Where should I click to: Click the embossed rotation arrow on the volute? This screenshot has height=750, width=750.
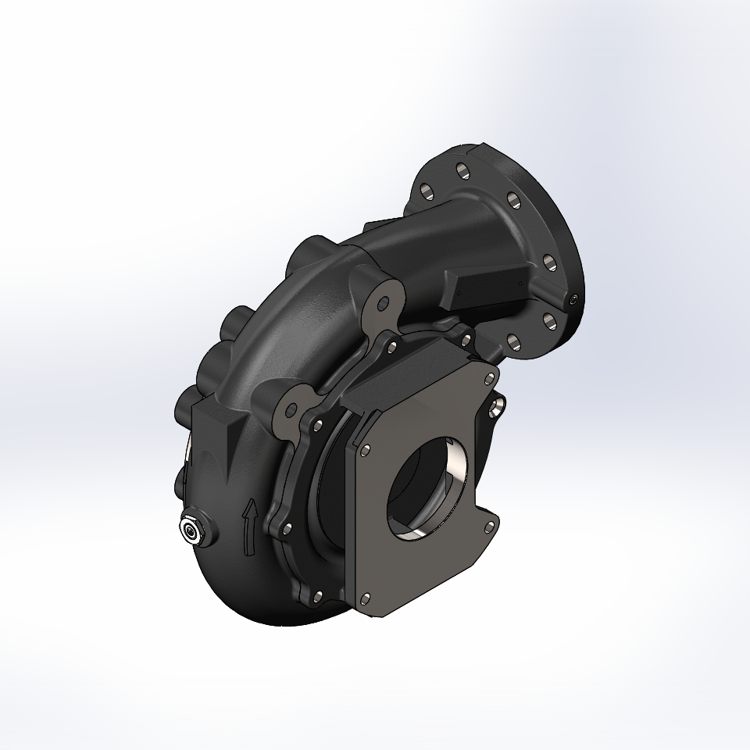point(249,528)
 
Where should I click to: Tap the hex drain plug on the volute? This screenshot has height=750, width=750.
point(191,532)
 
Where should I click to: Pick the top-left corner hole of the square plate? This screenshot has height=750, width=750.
point(365,450)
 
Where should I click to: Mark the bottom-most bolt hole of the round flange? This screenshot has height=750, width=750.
point(513,341)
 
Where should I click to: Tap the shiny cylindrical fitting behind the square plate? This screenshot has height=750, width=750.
point(497,406)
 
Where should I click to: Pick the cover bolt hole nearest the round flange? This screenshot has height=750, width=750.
point(466,339)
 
